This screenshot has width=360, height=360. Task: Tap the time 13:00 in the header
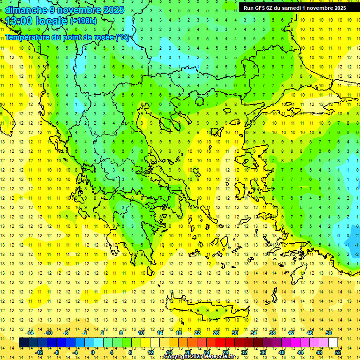click(x=19, y=21)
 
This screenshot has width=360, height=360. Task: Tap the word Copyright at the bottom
click(x=178, y=357)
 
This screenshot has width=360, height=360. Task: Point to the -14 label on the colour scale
click(x=30, y=333)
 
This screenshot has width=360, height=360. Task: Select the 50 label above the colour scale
click(x=328, y=333)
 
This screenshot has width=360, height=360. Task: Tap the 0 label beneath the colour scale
click(x=92, y=352)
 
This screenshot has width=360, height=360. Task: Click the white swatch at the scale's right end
click(x=333, y=343)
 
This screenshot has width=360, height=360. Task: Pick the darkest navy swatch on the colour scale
click(x=23, y=343)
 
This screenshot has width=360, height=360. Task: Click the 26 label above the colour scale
click(x=216, y=333)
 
